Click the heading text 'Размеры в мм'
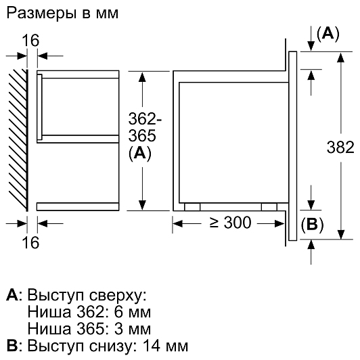point(62,14)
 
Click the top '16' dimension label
point(30,41)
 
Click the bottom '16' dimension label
point(30,243)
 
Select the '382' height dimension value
point(340,147)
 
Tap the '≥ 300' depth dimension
point(230,223)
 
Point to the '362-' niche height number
point(145,118)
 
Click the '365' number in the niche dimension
point(142,135)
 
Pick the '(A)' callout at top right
point(328,34)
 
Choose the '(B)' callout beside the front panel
point(312,225)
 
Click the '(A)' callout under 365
point(140,154)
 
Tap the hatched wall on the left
point(18,140)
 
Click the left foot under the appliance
point(192,207)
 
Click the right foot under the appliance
point(269,207)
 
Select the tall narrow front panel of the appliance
point(292,146)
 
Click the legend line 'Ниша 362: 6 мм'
point(89,312)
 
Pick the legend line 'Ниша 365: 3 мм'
point(89,329)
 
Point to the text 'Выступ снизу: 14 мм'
point(108,346)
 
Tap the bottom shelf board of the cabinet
point(78,206)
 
